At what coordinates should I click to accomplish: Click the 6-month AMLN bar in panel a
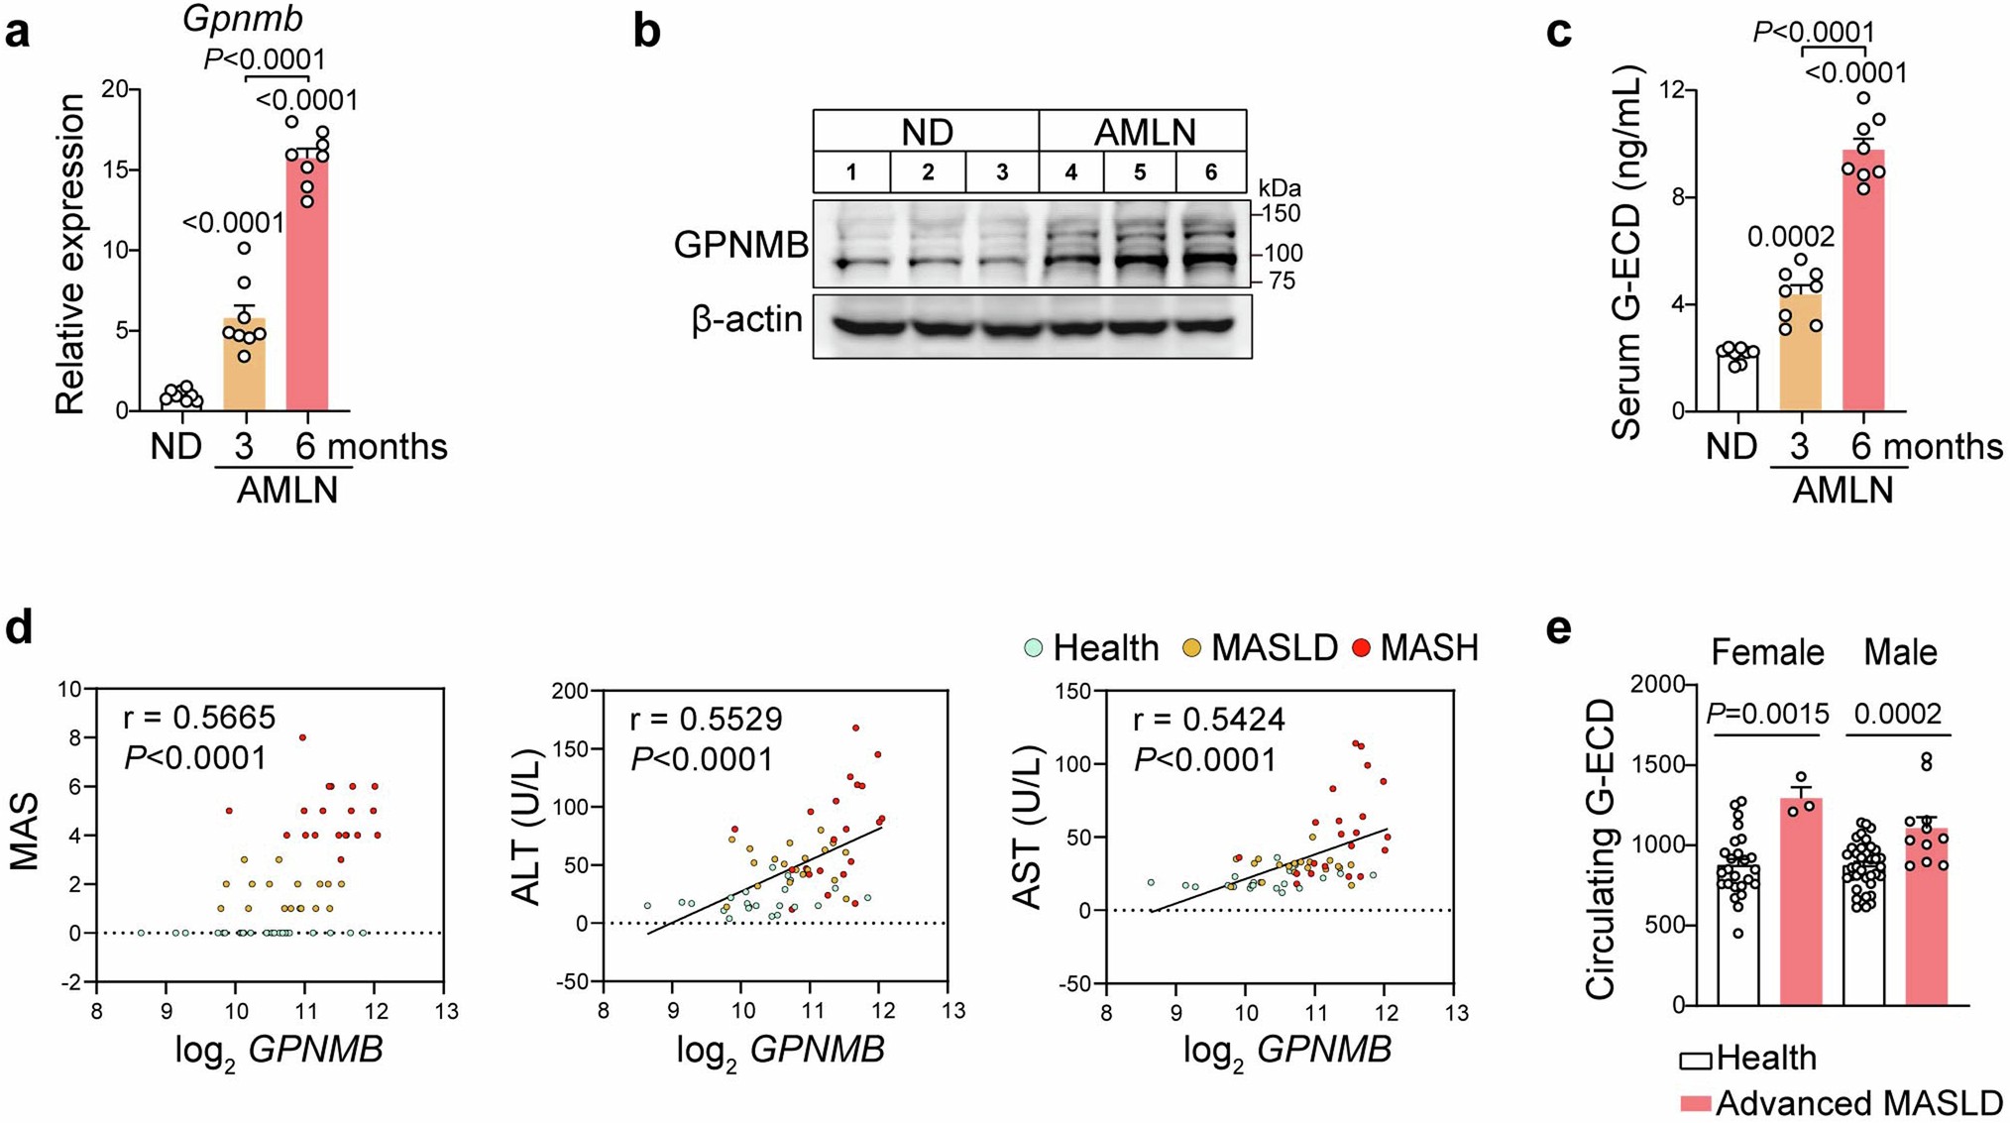307,287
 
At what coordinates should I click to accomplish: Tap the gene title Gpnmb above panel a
243,18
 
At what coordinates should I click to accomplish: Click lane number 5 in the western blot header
1140,172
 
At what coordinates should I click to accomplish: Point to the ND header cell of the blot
927,132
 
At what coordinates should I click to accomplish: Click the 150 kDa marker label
1280,213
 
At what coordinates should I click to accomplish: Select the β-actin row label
747,320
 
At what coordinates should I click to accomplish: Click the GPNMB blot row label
740,245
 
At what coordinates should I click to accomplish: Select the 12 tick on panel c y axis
1673,89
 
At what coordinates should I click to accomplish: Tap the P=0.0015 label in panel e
1768,714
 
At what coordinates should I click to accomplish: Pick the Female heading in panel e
1767,652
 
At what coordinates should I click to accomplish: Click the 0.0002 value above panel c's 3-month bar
1790,237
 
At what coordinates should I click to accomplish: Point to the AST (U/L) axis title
1027,831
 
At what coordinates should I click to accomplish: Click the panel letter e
1559,628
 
